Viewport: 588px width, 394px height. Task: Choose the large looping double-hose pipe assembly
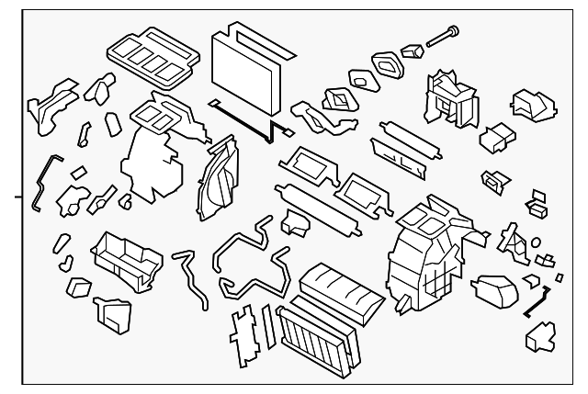click(x=248, y=262)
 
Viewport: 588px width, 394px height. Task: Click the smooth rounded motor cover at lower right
click(x=497, y=290)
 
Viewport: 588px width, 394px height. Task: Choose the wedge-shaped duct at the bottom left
click(x=114, y=314)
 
